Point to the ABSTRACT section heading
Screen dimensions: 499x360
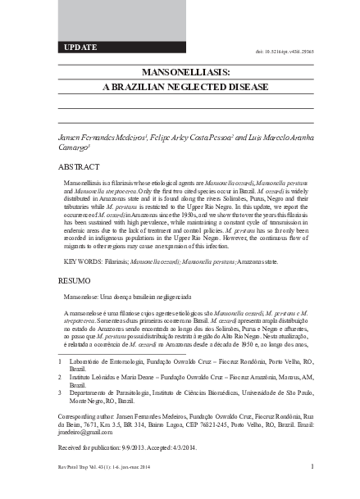coord(76,166)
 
